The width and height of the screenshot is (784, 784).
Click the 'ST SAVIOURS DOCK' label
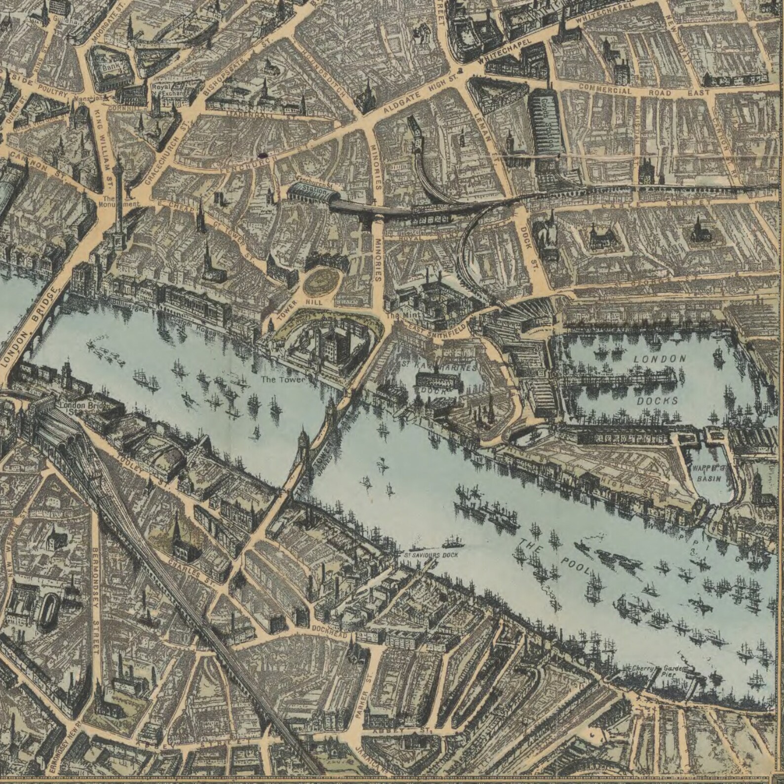[431, 555]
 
